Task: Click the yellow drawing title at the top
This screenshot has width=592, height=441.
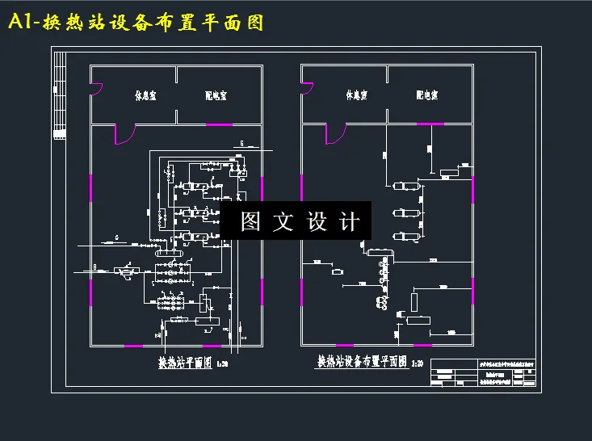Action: click(x=136, y=23)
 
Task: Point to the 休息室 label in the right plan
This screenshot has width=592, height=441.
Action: click(x=356, y=95)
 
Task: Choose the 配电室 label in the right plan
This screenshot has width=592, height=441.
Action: click(x=426, y=95)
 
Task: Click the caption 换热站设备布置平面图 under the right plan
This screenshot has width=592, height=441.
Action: click(x=362, y=363)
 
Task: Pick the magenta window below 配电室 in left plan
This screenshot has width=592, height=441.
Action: click(x=219, y=125)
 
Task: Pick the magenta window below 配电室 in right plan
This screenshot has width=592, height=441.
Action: click(x=430, y=124)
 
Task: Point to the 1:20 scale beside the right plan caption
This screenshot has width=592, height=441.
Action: click(x=418, y=364)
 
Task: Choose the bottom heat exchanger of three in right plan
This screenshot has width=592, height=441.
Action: click(x=403, y=237)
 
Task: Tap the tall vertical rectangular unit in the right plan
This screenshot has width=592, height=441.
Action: click(x=414, y=303)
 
